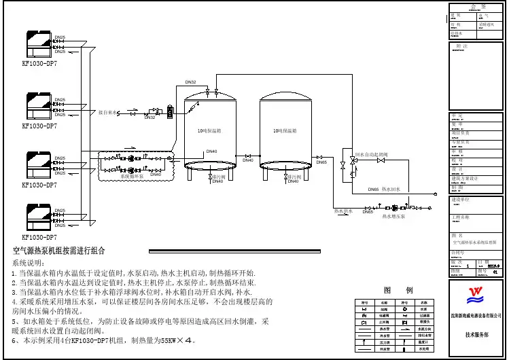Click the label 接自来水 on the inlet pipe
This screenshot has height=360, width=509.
pyautogui.click(x=109, y=111)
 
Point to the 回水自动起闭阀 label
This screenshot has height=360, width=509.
pyautogui.click(x=370, y=155)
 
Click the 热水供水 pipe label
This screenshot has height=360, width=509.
pyautogui.click(x=343, y=211)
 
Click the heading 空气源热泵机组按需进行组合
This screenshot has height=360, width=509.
pyautogui.click(x=59, y=251)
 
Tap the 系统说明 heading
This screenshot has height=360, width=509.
pyautogui.click(x=29, y=262)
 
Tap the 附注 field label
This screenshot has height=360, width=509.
pyautogui.click(x=462, y=46)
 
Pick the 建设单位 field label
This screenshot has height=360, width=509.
pyautogui.click(x=463, y=200)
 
